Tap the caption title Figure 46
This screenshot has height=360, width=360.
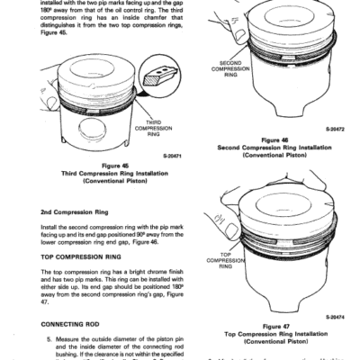[x=272, y=139]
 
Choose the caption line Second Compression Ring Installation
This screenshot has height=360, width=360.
[x=272, y=148]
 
